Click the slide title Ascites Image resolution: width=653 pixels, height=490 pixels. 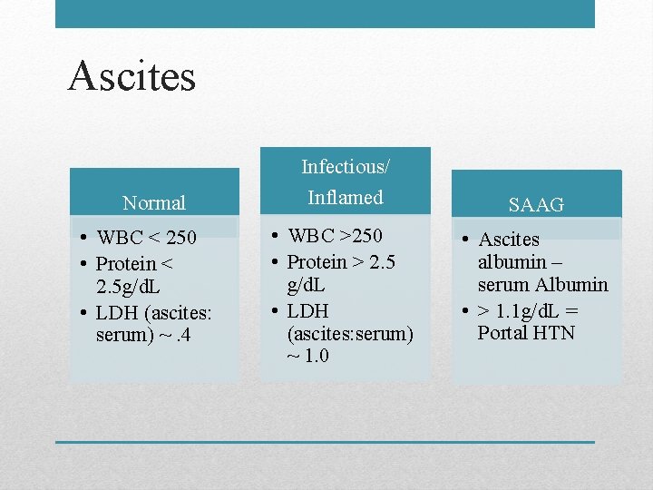tap(132, 76)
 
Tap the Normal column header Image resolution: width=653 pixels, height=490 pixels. tap(154, 203)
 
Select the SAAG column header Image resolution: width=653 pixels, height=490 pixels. tap(536, 205)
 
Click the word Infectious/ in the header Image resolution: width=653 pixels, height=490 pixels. tap(345, 167)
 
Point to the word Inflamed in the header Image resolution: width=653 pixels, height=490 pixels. tap(346, 197)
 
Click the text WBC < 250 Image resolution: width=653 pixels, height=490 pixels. tap(146, 239)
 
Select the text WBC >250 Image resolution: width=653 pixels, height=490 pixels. tap(335, 237)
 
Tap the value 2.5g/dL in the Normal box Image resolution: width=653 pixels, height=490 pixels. tap(135, 287)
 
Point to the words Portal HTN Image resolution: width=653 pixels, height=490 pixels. tap(526, 333)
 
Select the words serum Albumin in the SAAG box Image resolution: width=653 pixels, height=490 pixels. tap(542, 285)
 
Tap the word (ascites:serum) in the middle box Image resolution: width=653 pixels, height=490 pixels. tap(349, 333)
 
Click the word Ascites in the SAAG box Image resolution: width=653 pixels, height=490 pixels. tap(509, 240)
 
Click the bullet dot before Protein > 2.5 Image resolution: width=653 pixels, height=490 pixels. tap(274, 262)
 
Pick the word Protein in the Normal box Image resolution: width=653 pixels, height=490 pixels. tap(128, 264)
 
